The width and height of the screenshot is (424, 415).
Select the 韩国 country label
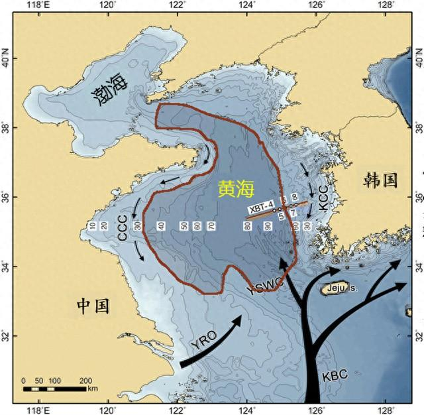[x=380, y=179]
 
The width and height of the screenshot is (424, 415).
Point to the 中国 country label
[x=93, y=306]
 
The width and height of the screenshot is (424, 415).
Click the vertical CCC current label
[x=122, y=227]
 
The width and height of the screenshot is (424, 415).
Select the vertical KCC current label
[x=323, y=198]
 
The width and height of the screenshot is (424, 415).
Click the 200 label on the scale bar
[x=85, y=381]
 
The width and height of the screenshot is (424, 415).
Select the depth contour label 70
[x=211, y=227]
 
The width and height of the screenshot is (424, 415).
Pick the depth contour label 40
[x=160, y=227]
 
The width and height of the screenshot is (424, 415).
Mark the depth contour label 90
[x=268, y=227]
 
